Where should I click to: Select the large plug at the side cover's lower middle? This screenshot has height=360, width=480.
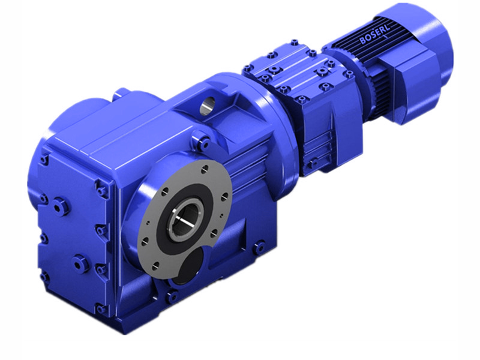point(79,262)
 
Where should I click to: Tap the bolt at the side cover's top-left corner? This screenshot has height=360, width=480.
point(44,161)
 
